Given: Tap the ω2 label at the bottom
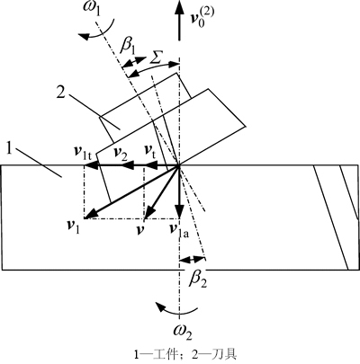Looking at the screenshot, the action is coord(183,333).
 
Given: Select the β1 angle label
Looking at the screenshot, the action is coord(128,47).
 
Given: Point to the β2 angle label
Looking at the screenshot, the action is coord(199,280).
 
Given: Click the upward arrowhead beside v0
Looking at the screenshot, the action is coord(179,7).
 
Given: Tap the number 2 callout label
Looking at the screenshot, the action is coord(60,93).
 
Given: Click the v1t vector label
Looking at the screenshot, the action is coord(85,151).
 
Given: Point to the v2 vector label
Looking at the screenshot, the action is coord(121,152).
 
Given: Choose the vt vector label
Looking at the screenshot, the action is coord(150,150).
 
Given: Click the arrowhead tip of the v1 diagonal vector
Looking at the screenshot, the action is coord(85,218).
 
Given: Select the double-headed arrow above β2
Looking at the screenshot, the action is coord(193,259).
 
